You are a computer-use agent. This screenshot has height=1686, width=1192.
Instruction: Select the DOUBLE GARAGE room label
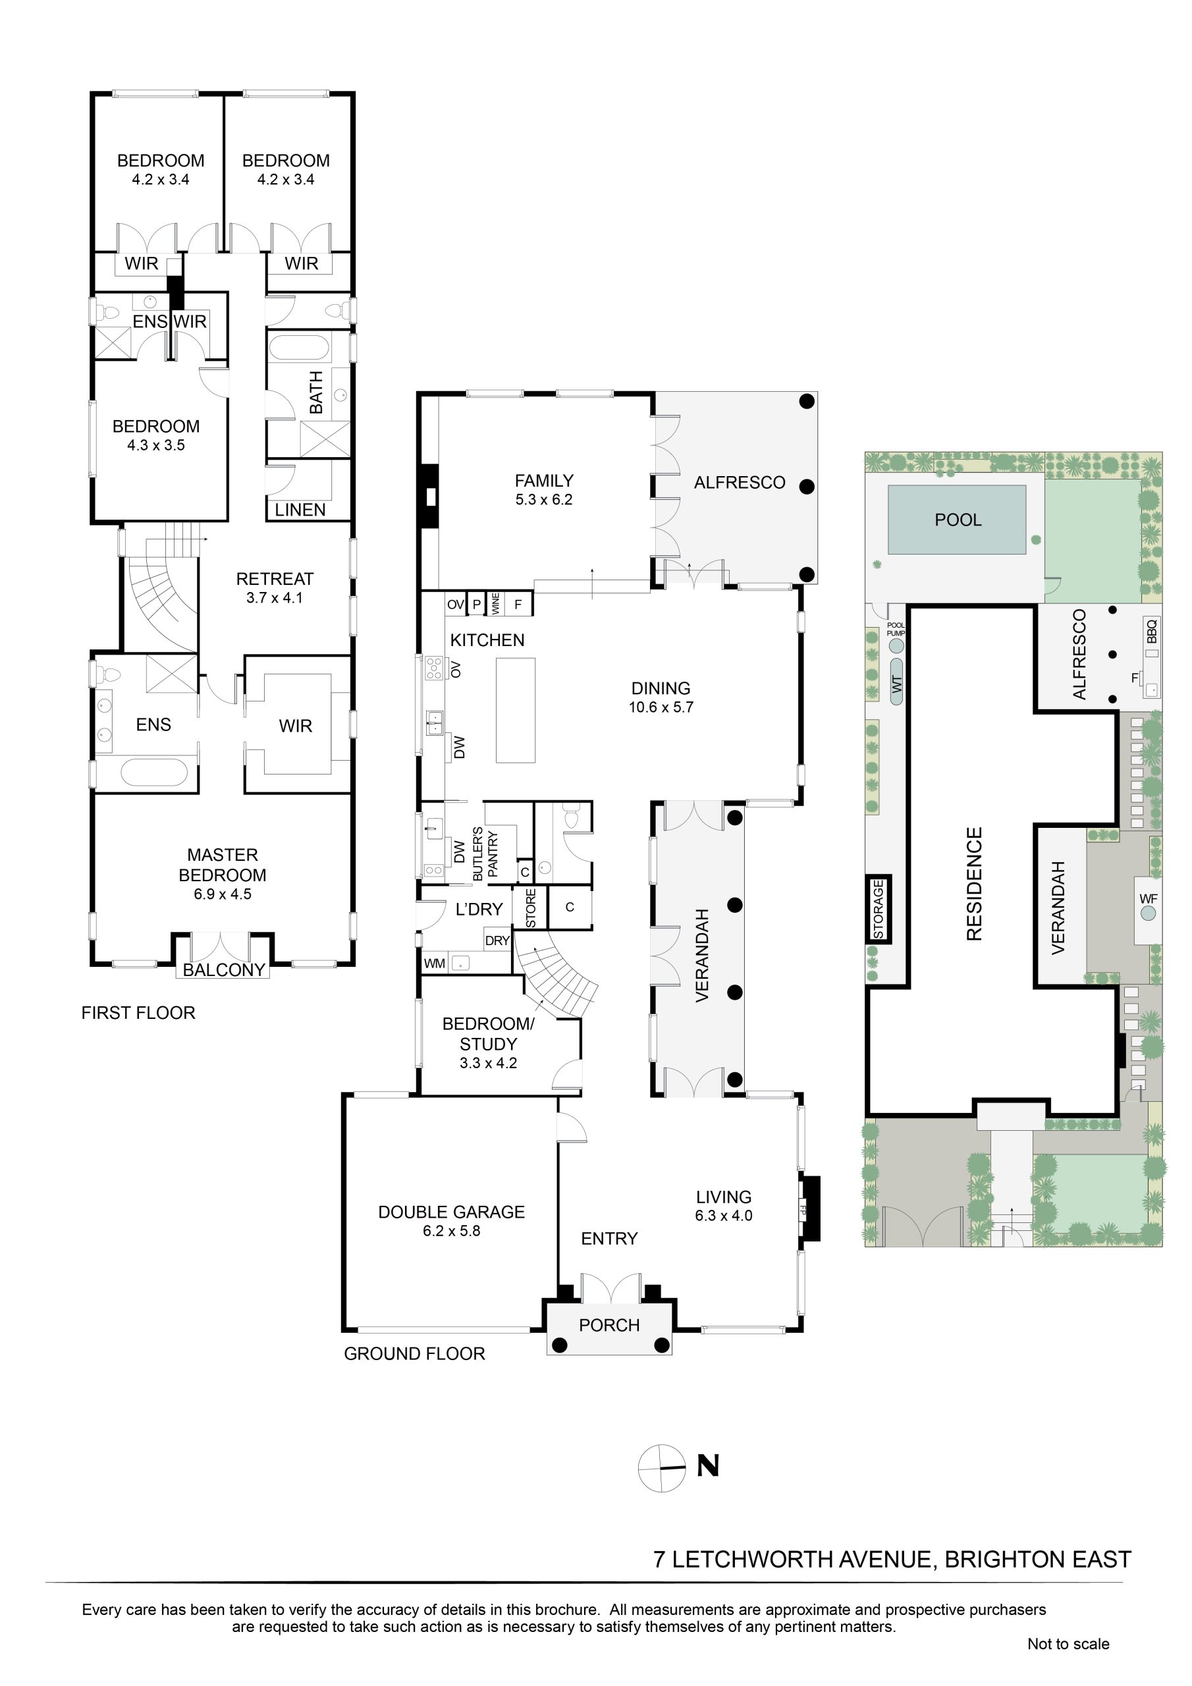point(451,1212)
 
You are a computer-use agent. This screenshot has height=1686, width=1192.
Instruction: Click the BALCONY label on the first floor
point(223,969)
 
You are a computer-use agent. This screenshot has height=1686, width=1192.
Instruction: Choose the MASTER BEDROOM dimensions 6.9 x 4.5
point(222,894)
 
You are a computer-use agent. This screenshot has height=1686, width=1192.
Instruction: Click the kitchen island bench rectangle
point(516,710)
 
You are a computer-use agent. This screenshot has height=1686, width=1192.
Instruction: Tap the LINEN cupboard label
point(300,510)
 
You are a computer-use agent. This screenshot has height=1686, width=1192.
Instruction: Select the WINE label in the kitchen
point(496,604)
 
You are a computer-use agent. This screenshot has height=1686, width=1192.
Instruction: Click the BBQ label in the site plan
point(1151,630)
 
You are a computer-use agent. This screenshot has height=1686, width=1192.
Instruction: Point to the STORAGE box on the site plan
point(879,909)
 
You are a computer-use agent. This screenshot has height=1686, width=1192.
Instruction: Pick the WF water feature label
point(1148,899)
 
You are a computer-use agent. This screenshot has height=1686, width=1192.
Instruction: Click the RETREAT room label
point(275,579)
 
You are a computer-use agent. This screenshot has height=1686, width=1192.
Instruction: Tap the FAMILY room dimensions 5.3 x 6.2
point(543,499)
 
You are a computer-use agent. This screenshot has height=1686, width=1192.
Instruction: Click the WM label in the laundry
point(434,964)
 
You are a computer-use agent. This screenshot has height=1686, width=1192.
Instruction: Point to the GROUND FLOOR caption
point(414,1353)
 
